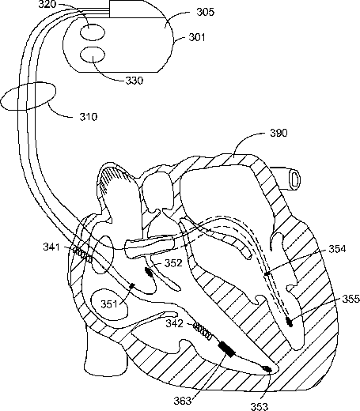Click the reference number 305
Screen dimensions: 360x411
(205, 12)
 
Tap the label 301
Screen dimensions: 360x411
(197, 37)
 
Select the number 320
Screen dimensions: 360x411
(47, 5)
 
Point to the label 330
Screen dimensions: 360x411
(135, 81)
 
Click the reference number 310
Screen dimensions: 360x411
(89, 117)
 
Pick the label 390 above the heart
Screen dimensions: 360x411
(279, 133)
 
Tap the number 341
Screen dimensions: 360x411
(51, 247)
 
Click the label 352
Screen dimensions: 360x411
(173, 263)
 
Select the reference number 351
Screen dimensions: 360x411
(109, 304)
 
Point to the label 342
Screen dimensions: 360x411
(174, 323)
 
